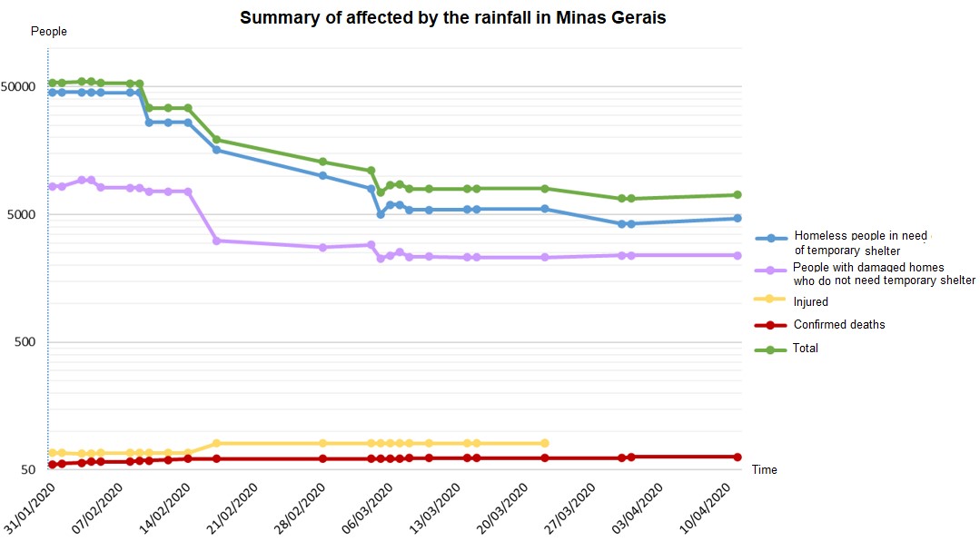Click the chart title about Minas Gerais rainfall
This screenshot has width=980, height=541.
tap(452, 18)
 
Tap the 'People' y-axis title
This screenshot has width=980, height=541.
tap(49, 32)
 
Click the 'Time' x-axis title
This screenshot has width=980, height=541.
tap(764, 470)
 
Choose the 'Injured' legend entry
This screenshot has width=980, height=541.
tap(810, 302)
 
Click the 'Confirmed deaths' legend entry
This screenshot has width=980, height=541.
tap(838, 325)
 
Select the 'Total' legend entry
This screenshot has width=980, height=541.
tap(806, 349)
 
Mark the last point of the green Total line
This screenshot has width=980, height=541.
tap(737, 195)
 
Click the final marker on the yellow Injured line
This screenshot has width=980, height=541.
tap(545, 443)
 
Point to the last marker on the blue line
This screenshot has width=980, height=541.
tap(737, 218)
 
